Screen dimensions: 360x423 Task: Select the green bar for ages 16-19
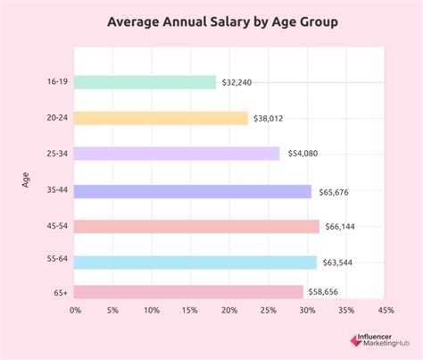(x=145, y=82)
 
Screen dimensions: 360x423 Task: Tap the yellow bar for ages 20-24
(x=161, y=118)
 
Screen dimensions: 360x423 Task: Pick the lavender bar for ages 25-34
(x=177, y=154)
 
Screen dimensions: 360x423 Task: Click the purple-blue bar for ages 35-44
(x=193, y=191)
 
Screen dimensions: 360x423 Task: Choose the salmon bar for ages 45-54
(x=196, y=227)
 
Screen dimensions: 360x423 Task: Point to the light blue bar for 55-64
(x=195, y=263)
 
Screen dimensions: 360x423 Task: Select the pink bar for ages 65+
(x=189, y=292)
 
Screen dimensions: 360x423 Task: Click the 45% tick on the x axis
(x=386, y=310)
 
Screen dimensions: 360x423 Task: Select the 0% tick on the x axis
(x=75, y=310)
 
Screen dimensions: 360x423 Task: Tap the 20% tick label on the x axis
(x=229, y=310)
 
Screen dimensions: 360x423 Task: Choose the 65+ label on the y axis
(x=60, y=292)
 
